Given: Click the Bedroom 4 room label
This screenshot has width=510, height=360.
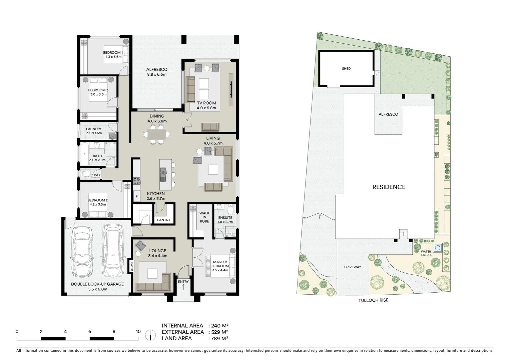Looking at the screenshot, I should (113, 53).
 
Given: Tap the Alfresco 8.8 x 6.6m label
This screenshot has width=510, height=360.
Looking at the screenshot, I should (157, 70).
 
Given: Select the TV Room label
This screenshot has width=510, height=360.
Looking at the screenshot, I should (206, 103).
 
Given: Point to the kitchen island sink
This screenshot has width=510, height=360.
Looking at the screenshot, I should (163, 172).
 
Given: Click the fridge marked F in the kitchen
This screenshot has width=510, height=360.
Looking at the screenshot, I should (137, 196).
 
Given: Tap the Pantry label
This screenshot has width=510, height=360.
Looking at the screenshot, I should (163, 220).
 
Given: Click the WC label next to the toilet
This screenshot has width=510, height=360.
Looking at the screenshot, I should (97, 175).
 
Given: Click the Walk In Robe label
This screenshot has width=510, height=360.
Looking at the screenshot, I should (204, 217).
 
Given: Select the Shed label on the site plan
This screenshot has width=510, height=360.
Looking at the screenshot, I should (346, 69).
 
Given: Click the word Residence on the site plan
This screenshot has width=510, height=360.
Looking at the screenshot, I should (389, 187).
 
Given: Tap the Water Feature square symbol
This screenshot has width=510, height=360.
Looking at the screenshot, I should (437, 248).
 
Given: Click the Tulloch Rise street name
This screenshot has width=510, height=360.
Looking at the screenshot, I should (373, 300).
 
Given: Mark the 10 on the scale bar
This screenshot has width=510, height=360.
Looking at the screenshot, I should (138, 332).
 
